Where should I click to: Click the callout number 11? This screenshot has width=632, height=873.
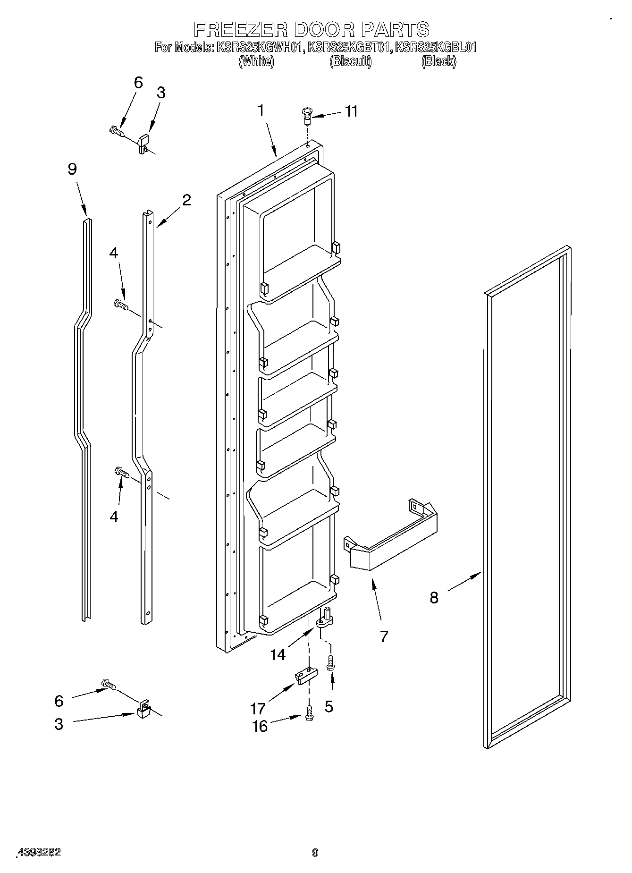pyautogui.click(x=351, y=111)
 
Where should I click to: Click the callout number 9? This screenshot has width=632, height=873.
pyautogui.click(x=72, y=169)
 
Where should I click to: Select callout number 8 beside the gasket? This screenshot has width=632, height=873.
pyautogui.click(x=434, y=598)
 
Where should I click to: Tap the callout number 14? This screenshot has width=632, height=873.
pyautogui.click(x=278, y=654)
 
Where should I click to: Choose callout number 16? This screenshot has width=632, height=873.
pyautogui.click(x=260, y=726)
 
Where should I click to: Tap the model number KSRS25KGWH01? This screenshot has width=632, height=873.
pyautogui.click(x=259, y=47)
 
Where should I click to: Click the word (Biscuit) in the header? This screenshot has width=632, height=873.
pyautogui.click(x=350, y=61)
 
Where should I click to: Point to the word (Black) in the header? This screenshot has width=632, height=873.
pyautogui.click(x=438, y=61)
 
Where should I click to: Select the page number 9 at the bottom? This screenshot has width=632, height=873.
pyautogui.click(x=315, y=853)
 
